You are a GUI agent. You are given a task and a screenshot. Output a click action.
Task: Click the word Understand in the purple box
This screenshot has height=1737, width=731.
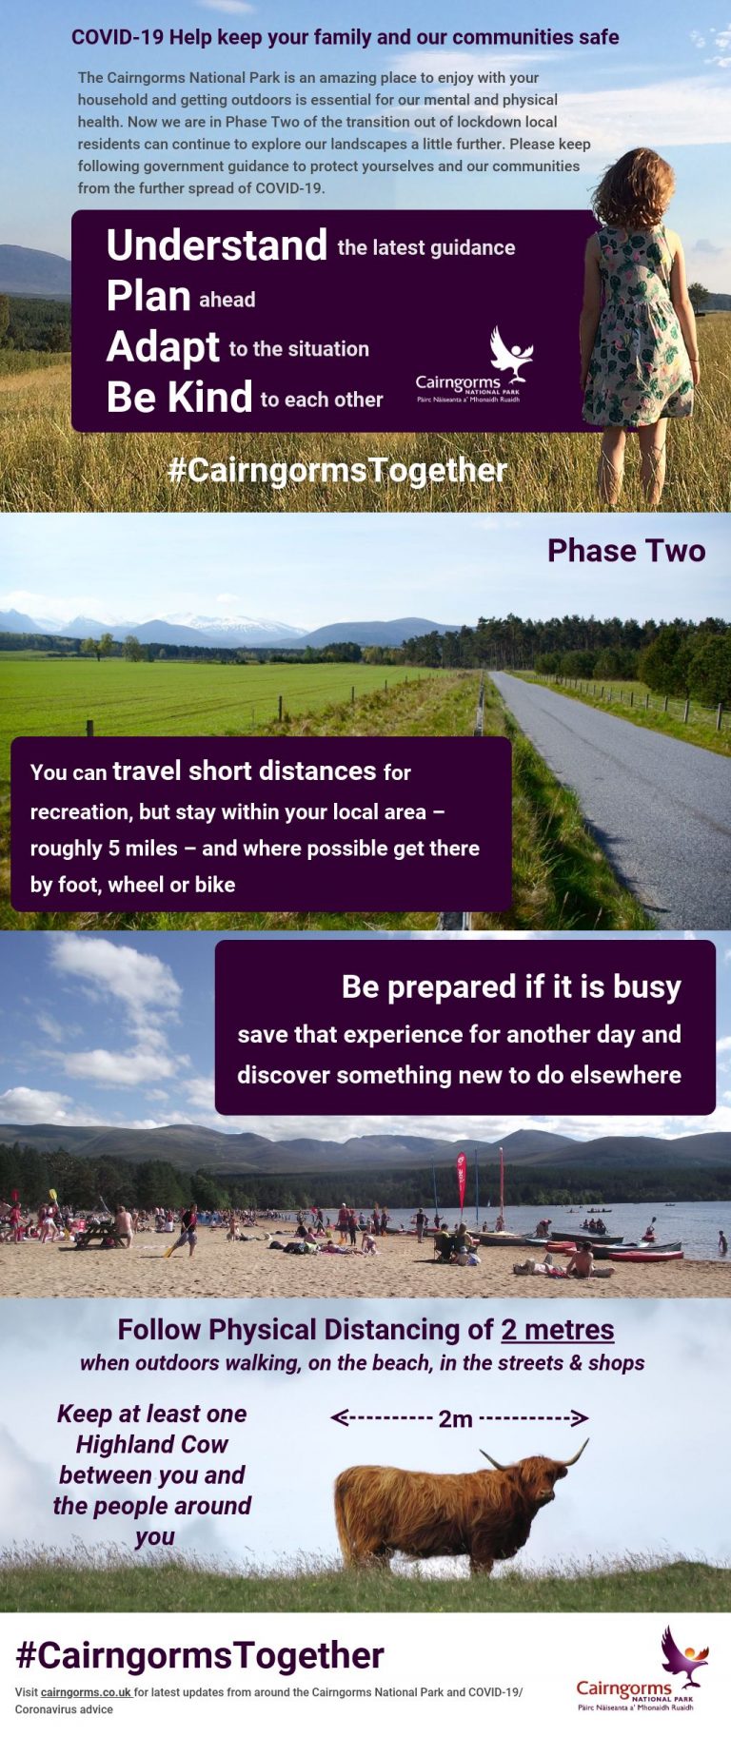(217, 245)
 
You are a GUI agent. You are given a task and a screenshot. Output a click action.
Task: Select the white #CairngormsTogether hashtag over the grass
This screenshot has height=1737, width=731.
(338, 470)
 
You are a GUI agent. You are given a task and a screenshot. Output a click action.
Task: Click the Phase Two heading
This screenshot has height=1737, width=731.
(626, 551)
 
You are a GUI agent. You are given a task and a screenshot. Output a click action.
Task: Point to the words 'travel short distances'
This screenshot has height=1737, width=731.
(245, 771)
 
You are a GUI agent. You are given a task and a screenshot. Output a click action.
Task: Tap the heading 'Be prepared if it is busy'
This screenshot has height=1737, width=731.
(511, 987)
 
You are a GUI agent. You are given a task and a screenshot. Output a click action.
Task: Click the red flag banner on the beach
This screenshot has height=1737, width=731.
(462, 1179)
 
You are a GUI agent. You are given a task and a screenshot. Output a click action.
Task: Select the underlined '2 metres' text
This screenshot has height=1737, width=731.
(558, 1329)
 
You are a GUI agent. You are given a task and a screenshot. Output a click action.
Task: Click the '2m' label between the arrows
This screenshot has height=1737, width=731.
(456, 1419)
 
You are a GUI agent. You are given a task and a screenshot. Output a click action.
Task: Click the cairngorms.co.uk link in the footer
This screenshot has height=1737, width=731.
(86, 1692)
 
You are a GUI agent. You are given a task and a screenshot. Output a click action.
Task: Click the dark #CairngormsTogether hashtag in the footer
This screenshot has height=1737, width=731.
(200, 1655)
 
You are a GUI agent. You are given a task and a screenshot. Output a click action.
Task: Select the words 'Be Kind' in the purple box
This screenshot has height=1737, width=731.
(179, 397)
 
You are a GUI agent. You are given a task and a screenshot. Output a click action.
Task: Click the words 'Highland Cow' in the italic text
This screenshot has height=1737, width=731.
(152, 1444)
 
